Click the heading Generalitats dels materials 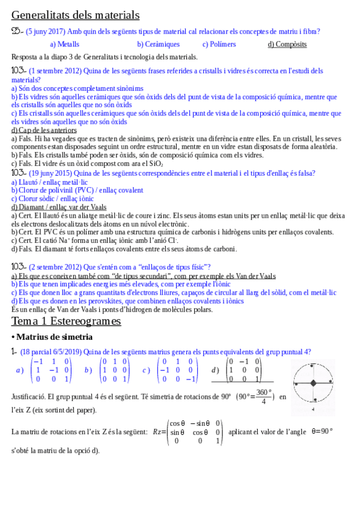click(75, 15)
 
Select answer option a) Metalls click(64, 44)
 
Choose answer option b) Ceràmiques click(158, 44)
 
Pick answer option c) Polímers click(219, 44)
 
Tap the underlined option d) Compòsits click(287, 44)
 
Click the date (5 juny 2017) click(47, 32)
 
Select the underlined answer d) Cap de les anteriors click(44, 130)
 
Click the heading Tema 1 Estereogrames click(66, 321)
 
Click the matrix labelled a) click(51, 370)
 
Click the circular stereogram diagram click(313, 383)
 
